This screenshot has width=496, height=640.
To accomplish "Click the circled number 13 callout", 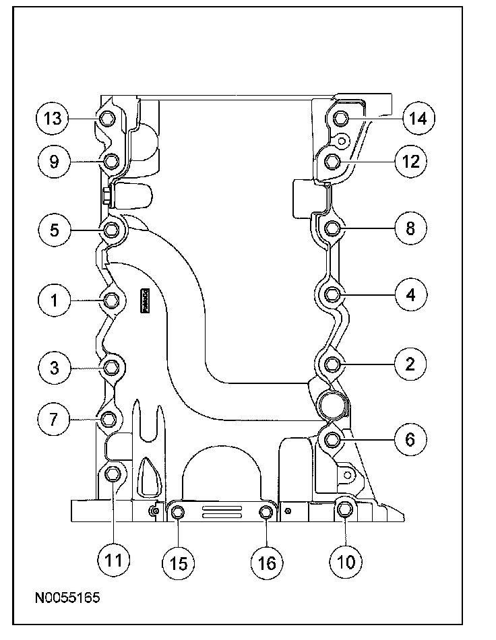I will pos(53,119).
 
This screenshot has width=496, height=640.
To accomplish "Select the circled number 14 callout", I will pos(418,119).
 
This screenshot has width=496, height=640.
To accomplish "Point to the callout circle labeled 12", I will pos(410,161).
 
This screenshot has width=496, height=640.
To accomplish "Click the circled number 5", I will pos(55,230).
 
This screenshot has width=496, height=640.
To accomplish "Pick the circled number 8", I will pos(410,228).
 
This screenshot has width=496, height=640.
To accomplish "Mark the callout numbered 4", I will pos(410,294).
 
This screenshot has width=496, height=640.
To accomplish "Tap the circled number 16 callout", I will pos(267,561).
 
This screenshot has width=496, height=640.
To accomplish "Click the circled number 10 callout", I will pos(345,561).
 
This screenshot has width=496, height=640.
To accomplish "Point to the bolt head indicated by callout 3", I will pos(112,367).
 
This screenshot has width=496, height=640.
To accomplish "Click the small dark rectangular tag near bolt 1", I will pos(145,298).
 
